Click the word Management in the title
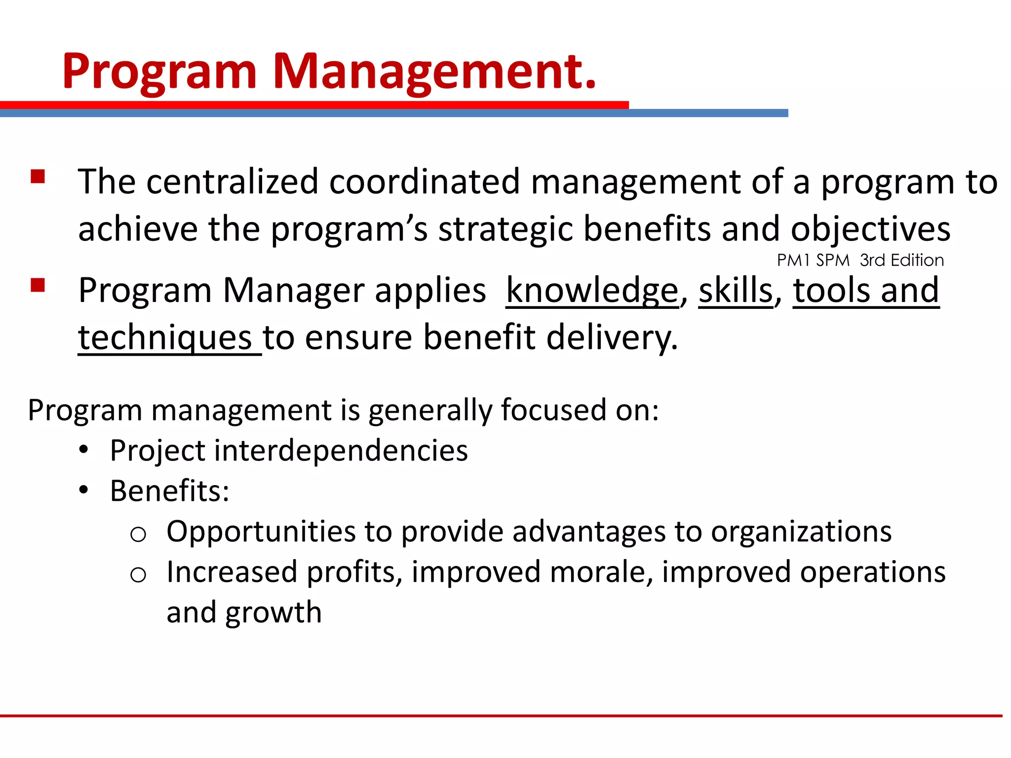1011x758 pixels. pos(434,72)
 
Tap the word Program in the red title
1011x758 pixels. pos(159,72)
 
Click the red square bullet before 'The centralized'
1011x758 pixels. pos(38,177)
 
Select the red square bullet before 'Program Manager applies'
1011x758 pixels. pos(38,285)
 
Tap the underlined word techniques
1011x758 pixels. pos(165,338)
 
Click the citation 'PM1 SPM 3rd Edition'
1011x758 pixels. pos(860,260)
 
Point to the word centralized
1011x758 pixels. pos(232,182)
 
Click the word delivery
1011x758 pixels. pos(612,338)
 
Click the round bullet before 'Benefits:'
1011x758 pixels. pos(84,490)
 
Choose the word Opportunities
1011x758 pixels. pos(261,531)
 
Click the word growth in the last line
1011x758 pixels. pos(273,612)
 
